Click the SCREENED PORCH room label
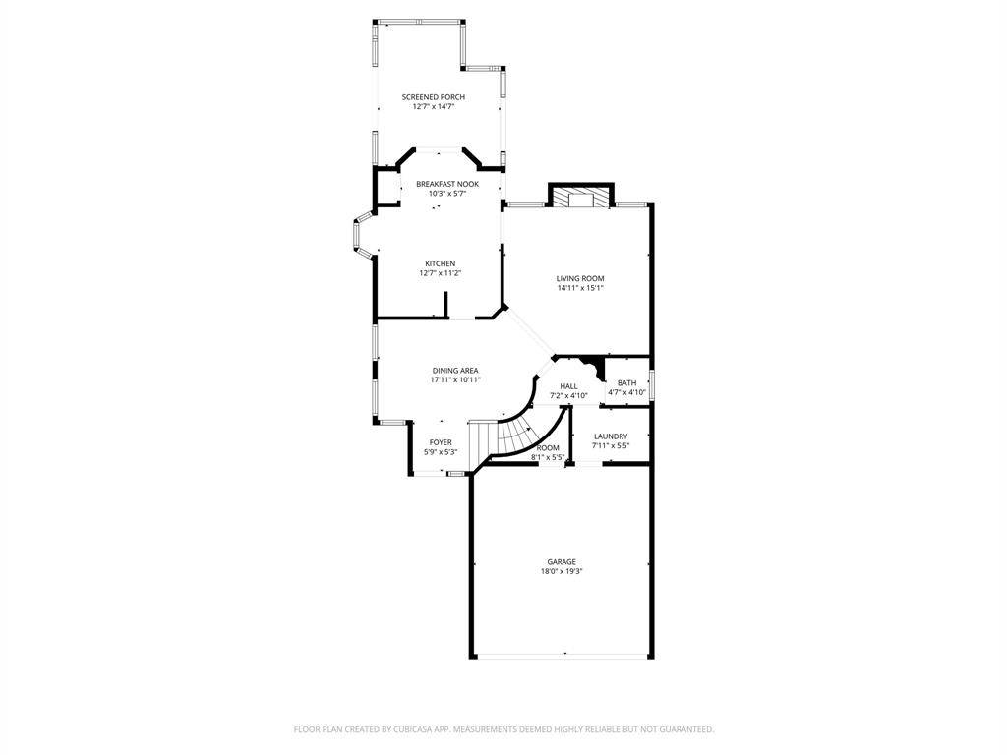(434, 97)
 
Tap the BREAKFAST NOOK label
(447, 184)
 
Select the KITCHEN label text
(441, 263)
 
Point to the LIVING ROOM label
(580, 278)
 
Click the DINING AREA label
(455, 371)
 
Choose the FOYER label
(441, 442)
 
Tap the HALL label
(568, 386)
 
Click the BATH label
(626, 383)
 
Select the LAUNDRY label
(611, 436)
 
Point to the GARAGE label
(562, 561)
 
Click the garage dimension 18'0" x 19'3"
(562, 571)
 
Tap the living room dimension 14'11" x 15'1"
(580, 288)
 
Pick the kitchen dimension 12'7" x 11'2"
(441, 273)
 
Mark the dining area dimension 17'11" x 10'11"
(455, 379)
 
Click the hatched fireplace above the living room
(581, 198)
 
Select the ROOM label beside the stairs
(548, 448)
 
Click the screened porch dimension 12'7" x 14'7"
(434, 106)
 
